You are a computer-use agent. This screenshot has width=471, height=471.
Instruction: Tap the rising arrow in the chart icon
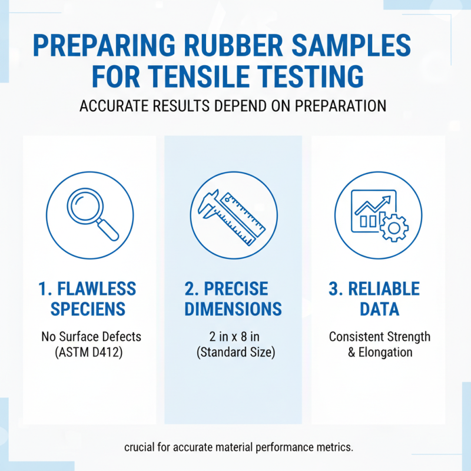[372, 206]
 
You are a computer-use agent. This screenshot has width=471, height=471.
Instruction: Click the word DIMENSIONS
[233, 309]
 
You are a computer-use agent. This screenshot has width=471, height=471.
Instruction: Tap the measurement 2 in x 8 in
[233, 337]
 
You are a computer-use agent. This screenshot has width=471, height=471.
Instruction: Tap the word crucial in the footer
[142, 447]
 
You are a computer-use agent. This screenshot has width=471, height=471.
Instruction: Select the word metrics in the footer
[335, 447]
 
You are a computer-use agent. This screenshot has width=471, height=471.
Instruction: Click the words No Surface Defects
[91, 337]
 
